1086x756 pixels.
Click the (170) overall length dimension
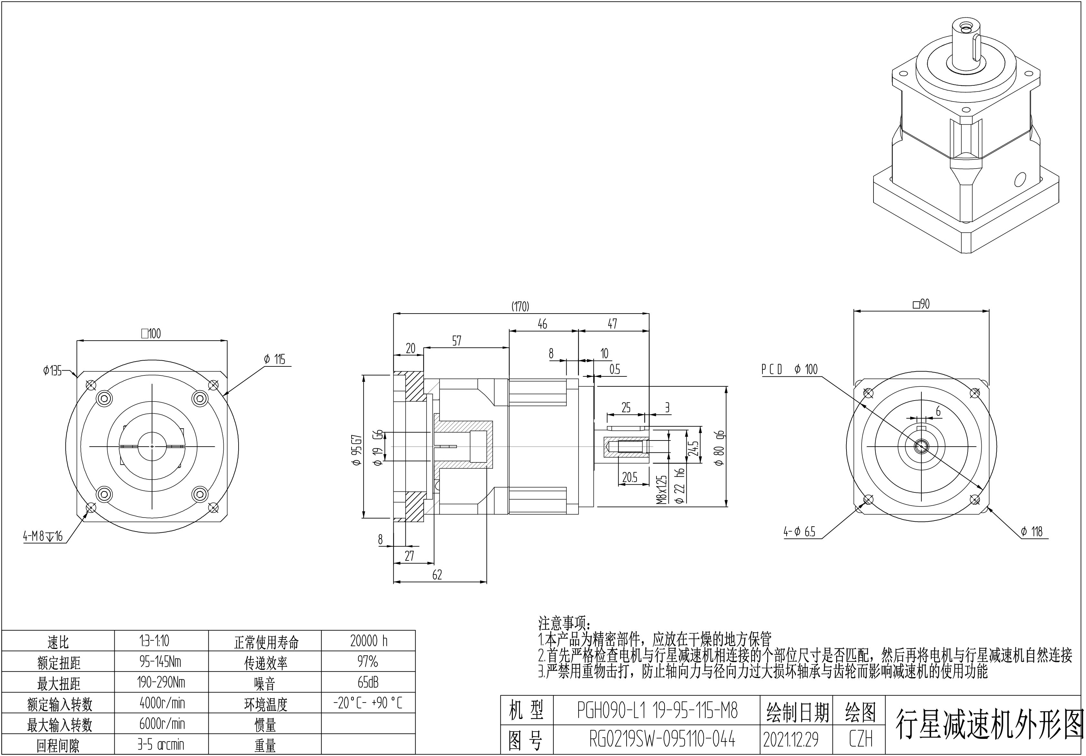coord(520,307)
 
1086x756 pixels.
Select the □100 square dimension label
coord(151,334)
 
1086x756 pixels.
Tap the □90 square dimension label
coord(921,304)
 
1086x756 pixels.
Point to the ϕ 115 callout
coord(274,359)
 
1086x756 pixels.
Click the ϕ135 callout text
coord(52,371)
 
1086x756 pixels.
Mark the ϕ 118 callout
coord(1032,532)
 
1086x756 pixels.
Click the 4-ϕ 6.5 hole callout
coord(799,532)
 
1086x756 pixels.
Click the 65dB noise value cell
coord(368,682)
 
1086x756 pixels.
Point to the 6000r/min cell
coord(162,723)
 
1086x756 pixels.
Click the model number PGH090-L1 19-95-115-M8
coord(657,710)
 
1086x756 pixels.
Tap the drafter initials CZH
coord(860,740)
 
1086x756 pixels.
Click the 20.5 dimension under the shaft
coord(629,478)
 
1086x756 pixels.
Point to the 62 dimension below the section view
coord(437,575)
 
